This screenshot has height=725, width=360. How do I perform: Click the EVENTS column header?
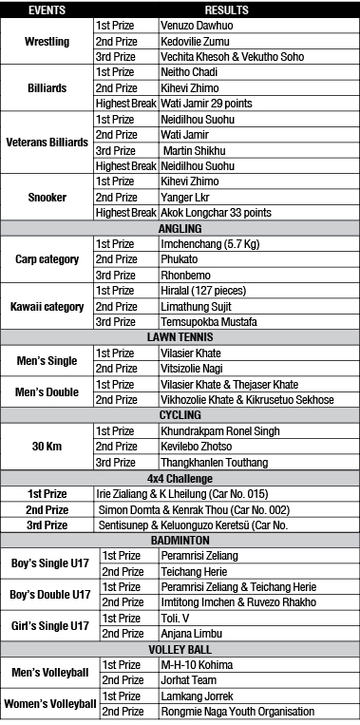click(47, 9)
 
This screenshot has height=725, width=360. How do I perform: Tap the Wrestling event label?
click(47, 42)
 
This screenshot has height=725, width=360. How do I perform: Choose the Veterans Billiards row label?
click(47, 143)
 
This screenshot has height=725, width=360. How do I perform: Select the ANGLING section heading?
click(180, 228)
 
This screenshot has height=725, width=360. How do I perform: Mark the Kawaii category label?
click(47, 306)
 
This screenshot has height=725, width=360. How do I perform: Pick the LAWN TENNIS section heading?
click(180, 336)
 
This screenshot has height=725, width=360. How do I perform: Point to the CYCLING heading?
click(180, 414)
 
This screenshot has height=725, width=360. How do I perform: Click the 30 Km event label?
click(47, 446)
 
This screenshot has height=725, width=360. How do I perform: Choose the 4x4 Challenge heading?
click(180, 477)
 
